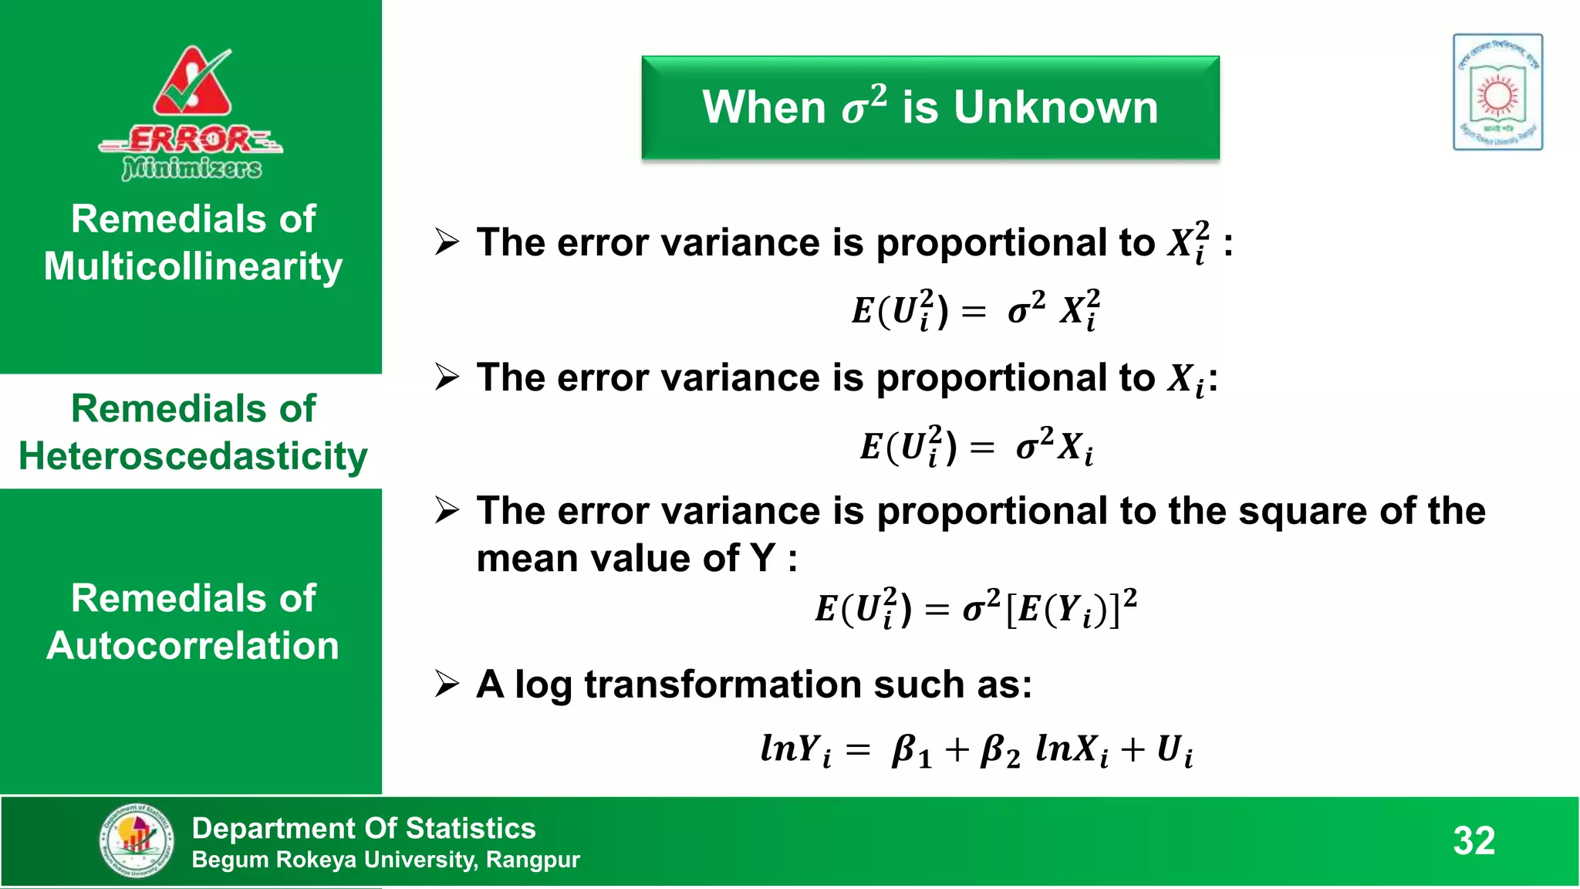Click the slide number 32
tap(1474, 840)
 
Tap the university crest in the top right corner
tap(1497, 92)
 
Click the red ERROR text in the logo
tap(189, 140)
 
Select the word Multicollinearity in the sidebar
tap(193, 267)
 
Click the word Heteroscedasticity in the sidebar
tap(193, 456)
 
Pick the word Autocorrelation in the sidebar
tap(193, 646)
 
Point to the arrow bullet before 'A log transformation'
tap(447, 684)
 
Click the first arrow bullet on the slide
tap(447, 242)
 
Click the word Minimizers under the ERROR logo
tap(191, 167)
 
